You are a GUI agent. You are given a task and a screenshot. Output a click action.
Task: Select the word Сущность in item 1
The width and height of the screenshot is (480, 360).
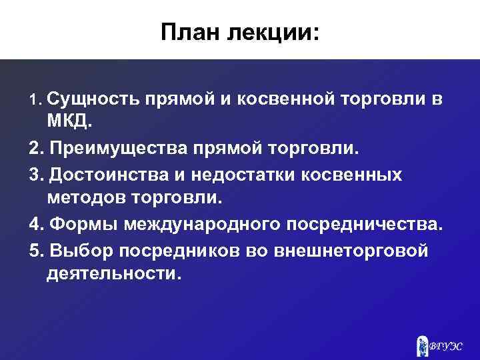(92, 100)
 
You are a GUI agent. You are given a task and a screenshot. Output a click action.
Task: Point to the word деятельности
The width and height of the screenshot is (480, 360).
(113, 274)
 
